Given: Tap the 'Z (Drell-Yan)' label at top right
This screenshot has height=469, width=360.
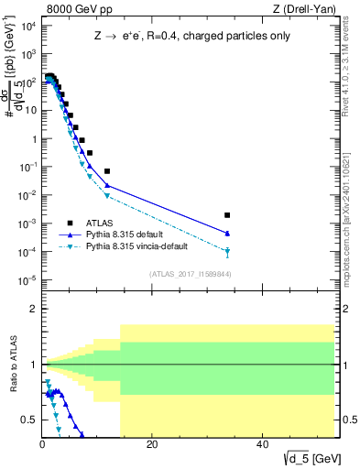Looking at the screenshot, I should (x=308, y=10).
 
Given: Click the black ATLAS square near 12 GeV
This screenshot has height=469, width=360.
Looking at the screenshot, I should (x=107, y=171).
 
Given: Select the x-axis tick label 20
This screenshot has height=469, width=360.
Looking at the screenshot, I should (x=153, y=443).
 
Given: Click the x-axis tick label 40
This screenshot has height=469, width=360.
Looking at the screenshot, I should (x=263, y=443).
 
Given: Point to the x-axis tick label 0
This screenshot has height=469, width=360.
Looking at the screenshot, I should (x=43, y=443).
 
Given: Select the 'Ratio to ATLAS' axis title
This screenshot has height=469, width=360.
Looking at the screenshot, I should (x=12, y=364).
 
